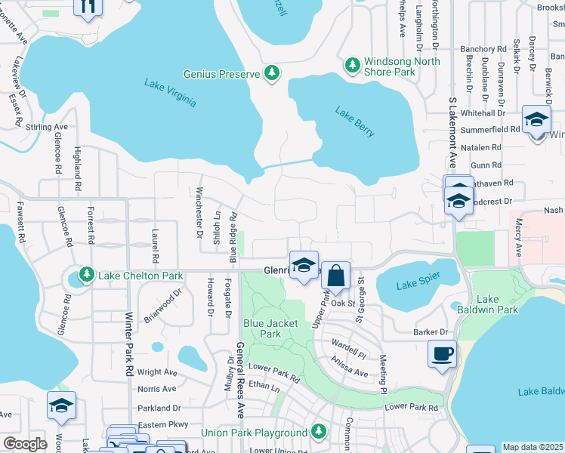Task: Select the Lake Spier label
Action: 418,285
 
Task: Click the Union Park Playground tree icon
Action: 319,432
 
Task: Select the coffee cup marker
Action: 442,353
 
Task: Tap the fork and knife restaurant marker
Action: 88,6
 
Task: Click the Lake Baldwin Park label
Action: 497,304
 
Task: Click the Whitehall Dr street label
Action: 487,112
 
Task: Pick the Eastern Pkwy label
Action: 157,425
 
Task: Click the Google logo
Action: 25,444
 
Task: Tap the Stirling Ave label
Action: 47,128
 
